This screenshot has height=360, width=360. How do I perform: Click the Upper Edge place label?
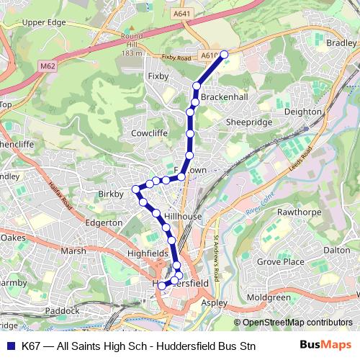click(x=44, y=22)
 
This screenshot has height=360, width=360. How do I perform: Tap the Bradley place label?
click(x=341, y=42)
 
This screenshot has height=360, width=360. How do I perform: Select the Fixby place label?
click(x=157, y=74)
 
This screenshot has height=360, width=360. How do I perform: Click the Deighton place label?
click(x=303, y=112)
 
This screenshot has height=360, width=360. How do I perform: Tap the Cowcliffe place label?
click(x=149, y=133)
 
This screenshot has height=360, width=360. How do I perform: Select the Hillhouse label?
click(x=183, y=215)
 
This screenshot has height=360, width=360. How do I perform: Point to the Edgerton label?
click(x=104, y=223)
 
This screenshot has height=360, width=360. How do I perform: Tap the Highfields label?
click(x=147, y=253)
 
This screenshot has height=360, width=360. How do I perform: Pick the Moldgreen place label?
click(x=268, y=297)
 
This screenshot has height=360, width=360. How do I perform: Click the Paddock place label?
click(x=62, y=310)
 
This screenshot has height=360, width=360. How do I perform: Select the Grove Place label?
click(x=281, y=261)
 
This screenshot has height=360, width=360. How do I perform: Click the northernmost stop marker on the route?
click(x=224, y=54)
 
